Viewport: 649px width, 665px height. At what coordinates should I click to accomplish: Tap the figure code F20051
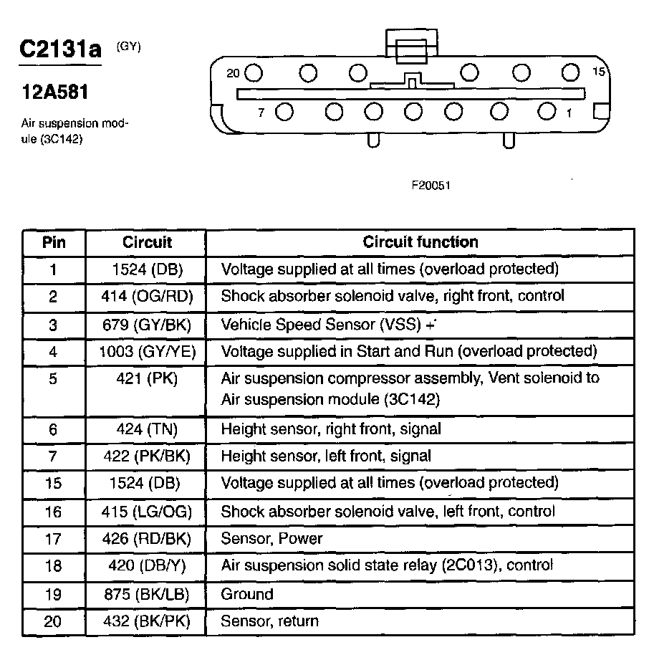click(x=431, y=185)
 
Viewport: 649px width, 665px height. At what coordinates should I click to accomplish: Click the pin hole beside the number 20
click(x=255, y=72)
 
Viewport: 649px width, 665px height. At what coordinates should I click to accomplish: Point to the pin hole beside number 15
click(x=570, y=72)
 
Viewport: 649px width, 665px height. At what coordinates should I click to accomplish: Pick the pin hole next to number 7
click(x=284, y=112)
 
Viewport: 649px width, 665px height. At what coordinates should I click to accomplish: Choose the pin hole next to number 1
click(x=547, y=111)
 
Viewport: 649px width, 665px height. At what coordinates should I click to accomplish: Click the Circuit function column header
click(x=420, y=242)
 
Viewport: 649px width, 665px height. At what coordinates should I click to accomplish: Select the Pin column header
click(x=54, y=242)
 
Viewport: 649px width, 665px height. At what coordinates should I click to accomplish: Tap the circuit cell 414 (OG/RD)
click(x=148, y=296)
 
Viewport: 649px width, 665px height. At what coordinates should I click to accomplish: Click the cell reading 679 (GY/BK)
click(x=148, y=324)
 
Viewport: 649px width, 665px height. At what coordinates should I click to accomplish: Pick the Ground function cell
click(x=247, y=594)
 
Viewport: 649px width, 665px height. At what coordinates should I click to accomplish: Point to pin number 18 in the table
click(x=54, y=566)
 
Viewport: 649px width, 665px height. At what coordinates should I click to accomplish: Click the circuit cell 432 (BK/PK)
click(x=148, y=621)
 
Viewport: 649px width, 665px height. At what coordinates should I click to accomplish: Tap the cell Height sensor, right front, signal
click(x=331, y=429)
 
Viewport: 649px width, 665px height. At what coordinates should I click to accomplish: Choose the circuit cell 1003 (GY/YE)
click(x=148, y=351)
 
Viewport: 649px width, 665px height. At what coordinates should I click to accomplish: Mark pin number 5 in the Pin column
click(x=54, y=378)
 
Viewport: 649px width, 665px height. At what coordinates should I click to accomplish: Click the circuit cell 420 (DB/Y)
click(x=148, y=566)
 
